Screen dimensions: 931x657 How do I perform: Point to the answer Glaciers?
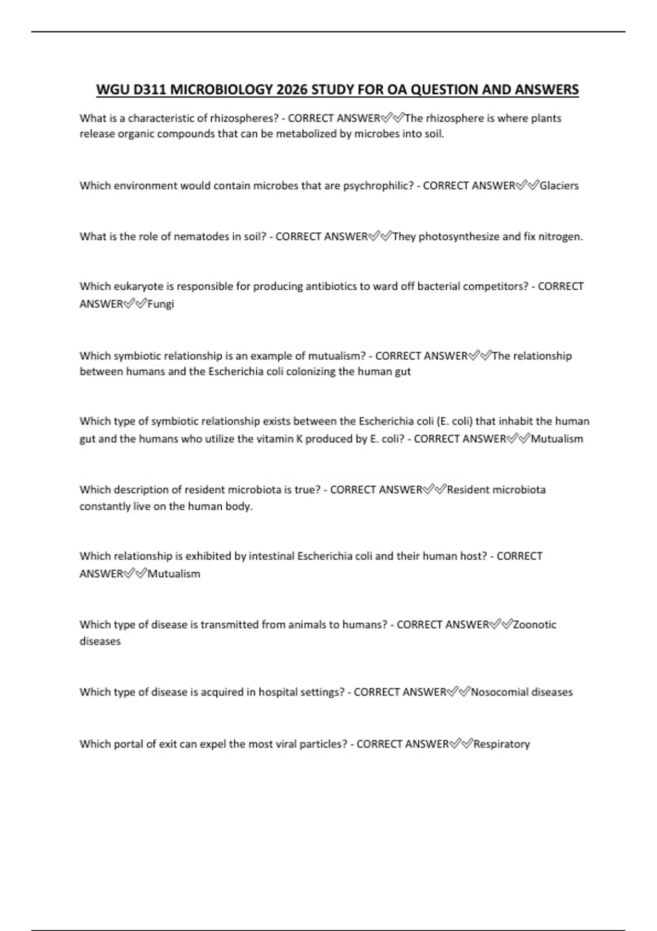(559, 186)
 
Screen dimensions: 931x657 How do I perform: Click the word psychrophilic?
(378, 186)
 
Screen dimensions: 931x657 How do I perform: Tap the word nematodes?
(202, 237)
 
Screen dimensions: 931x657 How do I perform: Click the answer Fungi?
(160, 304)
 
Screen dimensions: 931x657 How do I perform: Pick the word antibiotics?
(330, 286)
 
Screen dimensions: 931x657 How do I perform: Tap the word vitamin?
(274, 439)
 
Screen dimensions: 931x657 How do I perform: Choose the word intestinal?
(271, 556)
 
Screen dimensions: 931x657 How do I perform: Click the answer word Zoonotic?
(534, 624)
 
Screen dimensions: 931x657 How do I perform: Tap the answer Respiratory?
(502, 744)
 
